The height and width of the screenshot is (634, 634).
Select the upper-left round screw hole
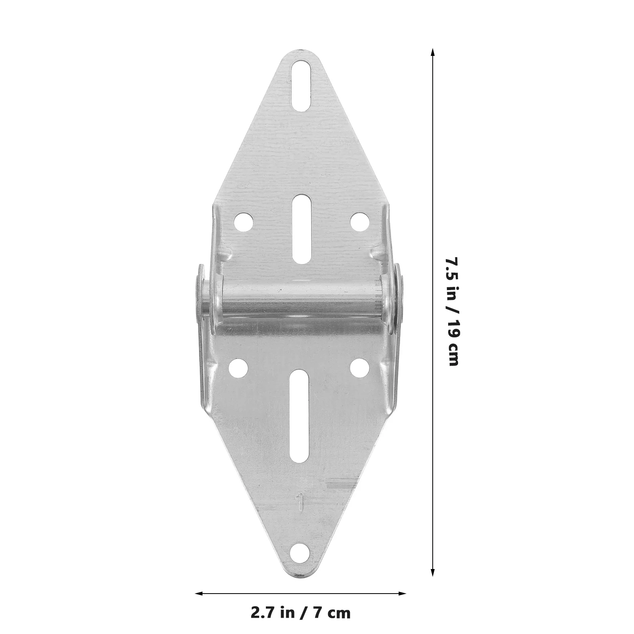[x=243, y=221]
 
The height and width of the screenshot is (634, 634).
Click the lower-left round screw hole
[x=239, y=367]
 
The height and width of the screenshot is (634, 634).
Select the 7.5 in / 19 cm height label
[x=452, y=311]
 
